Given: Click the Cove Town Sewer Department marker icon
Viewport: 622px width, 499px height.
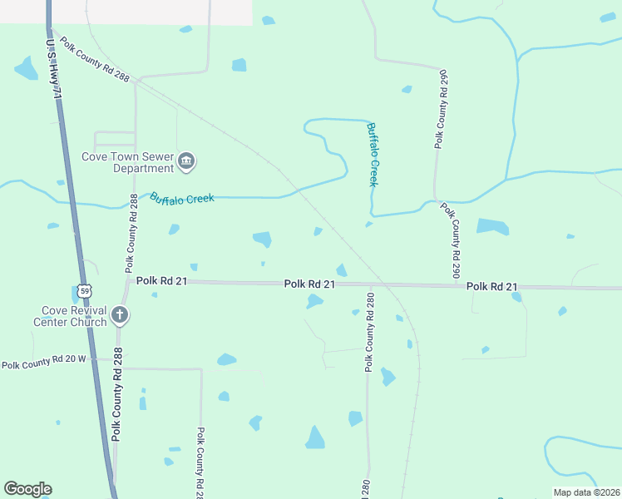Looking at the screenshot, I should pyautogui.click(x=186, y=160).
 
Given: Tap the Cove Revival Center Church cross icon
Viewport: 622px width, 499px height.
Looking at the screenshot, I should pyautogui.click(x=120, y=315).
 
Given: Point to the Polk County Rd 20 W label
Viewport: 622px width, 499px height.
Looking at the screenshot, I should pyautogui.click(x=44, y=364).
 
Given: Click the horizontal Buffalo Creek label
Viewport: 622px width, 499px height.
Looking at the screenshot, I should pyautogui.click(x=182, y=198).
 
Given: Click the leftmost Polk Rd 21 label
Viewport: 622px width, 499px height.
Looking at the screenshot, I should pyautogui.click(x=162, y=282).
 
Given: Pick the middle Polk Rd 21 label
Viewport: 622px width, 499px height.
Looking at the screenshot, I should pyautogui.click(x=309, y=284).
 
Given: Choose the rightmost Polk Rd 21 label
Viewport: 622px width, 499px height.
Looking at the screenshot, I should pyautogui.click(x=491, y=286).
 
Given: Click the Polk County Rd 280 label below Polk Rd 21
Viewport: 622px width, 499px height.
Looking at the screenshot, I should pyautogui.click(x=369, y=332).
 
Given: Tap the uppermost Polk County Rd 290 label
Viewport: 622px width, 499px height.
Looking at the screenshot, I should pyautogui.click(x=442, y=109).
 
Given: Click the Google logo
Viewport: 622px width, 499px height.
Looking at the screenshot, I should pyautogui.click(x=27, y=489).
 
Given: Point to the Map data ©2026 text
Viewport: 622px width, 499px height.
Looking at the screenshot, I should pyautogui.click(x=586, y=492).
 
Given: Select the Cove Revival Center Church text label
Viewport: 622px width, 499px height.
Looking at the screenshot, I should pyautogui.click(x=70, y=316).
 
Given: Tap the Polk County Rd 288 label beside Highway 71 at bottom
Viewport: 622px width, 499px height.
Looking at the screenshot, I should pyautogui.click(x=117, y=395).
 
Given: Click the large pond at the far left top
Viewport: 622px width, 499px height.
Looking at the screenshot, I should pyautogui.click(x=25, y=69).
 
